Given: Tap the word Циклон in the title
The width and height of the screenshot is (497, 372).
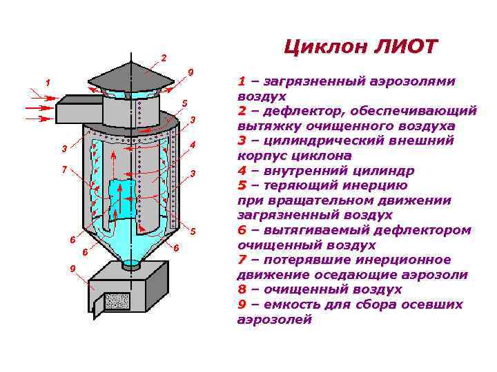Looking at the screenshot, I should click(326, 47).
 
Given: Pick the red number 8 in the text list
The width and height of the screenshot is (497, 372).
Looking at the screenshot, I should click(242, 290).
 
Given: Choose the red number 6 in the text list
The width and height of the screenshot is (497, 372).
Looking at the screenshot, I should click(242, 230).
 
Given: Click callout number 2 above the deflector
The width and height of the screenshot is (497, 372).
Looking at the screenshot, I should click(164, 56).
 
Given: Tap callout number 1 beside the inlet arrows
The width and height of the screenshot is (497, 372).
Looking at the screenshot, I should click(48, 83).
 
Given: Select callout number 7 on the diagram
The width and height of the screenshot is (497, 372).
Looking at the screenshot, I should click(64, 169).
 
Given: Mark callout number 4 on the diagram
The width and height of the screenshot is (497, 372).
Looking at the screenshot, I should click(194, 144).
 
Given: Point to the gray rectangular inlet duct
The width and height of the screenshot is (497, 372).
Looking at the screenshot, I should click(78, 109).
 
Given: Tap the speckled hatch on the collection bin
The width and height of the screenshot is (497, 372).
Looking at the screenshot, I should click(117, 300).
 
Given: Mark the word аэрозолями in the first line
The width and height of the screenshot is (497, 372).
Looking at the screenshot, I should click(410, 81).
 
